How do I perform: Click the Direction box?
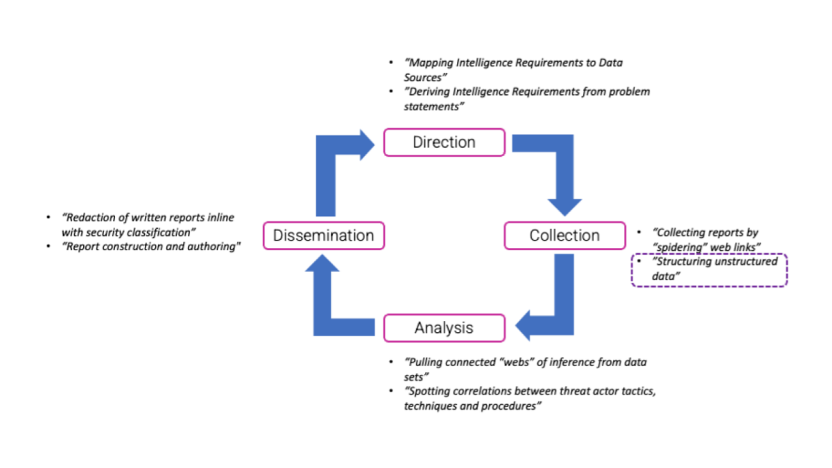click(x=444, y=142)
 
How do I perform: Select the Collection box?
click(x=564, y=236)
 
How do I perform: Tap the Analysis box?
click(x=444, y=328)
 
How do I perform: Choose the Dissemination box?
click(x=323, y=236)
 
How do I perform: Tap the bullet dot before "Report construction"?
click(x=48, y=247)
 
